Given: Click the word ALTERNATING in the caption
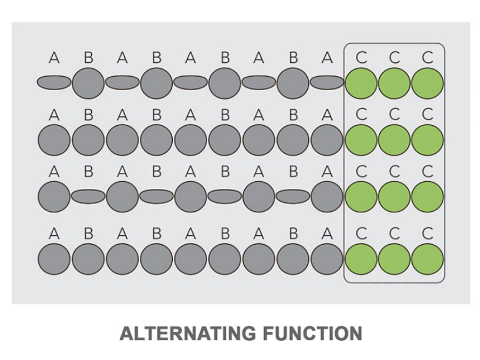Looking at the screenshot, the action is tap(188, 334).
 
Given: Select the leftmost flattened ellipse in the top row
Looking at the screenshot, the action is tap(54, 83).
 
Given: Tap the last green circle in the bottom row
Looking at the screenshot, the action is tap(427, 259).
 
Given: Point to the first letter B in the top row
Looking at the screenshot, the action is tap(89, 57).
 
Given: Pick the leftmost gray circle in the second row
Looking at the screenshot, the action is tap(54, 140).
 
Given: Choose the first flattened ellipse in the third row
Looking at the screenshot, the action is tap(88, 196).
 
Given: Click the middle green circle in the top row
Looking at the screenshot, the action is tap(394, 83).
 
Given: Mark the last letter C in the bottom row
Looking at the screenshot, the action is tap(427, 234).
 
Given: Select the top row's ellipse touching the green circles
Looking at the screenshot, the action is tap(327, 83).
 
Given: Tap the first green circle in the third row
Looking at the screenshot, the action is tap(361, 196).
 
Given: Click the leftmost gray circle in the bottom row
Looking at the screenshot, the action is tap(54, 259).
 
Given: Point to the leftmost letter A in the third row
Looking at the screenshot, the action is tap(54, 171).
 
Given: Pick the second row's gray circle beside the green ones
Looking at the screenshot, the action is tap(327, 140).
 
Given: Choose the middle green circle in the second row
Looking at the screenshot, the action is tap(394, 140).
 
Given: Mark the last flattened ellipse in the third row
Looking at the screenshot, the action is tap(293, 196).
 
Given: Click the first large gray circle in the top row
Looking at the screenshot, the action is tap(88, 83).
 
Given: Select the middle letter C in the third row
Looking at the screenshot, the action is tap(394, 171).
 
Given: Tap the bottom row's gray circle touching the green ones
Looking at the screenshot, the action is tap(327, 259).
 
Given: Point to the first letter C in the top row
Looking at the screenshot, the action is tap(361, 57).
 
